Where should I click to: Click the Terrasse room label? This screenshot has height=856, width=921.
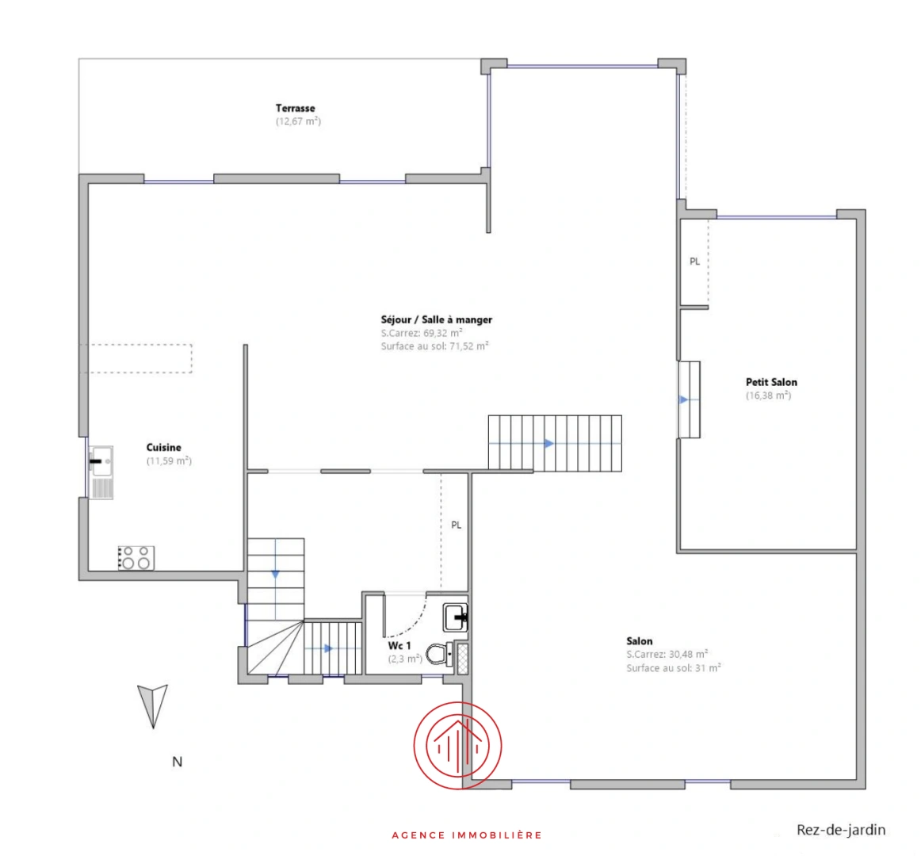[296, 108]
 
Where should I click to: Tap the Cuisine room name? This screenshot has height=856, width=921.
[164, 448]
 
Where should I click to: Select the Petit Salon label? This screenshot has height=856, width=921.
[772, 383]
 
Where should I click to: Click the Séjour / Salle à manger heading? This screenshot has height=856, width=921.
[437, 319]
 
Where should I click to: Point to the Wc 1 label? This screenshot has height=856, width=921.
[399, 646]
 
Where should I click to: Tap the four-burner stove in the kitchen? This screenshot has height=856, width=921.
[136, 558]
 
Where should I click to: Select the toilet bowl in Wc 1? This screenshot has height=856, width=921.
[439, 654]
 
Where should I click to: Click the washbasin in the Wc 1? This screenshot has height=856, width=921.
[455, 617]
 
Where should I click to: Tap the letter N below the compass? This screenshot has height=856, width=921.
[178, 762]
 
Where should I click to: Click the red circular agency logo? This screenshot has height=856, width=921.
[457, 746]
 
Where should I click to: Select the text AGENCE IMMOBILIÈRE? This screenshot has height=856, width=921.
[467, 835]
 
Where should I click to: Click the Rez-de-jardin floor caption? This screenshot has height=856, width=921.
[841, 830]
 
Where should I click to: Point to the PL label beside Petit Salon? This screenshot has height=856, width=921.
[695, 262]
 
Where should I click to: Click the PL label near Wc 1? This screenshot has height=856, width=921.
[457, 525]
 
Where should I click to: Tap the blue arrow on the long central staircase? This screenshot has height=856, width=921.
[548, 444]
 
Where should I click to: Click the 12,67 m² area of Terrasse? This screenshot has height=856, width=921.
[298, 121]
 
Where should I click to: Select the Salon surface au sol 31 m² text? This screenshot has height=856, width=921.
[674, 668]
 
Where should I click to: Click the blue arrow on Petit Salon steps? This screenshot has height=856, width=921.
[684, 400]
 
